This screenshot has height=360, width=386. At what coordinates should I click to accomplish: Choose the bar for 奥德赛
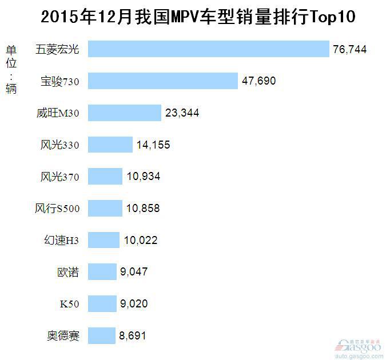coord(102,335)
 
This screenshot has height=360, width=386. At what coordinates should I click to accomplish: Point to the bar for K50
coord(103,303)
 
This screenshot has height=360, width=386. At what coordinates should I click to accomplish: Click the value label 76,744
coord(349,50)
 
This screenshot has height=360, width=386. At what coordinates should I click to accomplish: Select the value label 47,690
coord(258,81)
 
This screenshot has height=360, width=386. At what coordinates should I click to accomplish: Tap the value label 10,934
coord(143,177)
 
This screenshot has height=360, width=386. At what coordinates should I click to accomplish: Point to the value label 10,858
coord(143,209)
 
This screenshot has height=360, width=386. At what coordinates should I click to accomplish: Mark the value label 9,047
coord(134,272)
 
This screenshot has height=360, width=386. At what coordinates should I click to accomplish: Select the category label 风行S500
coord(57,209)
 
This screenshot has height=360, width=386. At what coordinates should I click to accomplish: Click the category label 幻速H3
coord(62,241)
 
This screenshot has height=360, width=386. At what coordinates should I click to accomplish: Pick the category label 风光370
coord(60,177)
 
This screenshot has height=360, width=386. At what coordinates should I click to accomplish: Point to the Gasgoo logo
coord(357,346)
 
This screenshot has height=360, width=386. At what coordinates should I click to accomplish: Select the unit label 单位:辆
coord(11,69)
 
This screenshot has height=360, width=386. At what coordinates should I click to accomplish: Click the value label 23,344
coord(182,113)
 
